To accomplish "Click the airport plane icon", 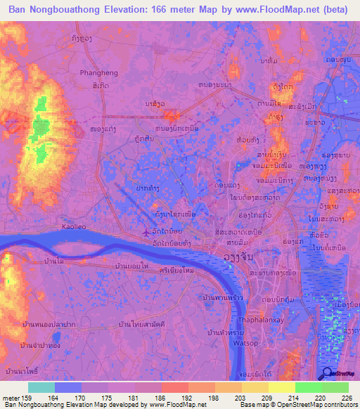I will point(146,233).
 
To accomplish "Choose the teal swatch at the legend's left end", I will point(41,387).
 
